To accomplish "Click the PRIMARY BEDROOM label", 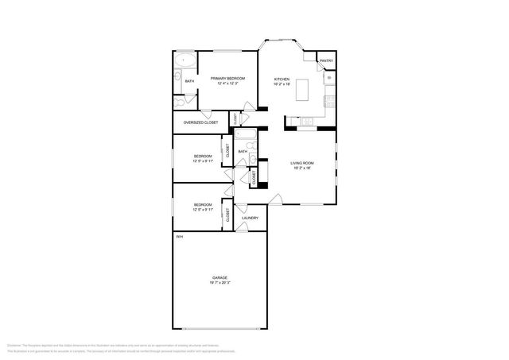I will pos(227,79).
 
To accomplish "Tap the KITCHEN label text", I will pos(282,79).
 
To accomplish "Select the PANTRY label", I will pos(326,61).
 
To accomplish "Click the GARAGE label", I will pos(219,277).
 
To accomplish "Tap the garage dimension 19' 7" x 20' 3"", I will pos(219,283).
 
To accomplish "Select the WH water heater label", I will pos(179,237).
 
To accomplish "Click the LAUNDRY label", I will pos(251,217).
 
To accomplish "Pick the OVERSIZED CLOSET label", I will pos(200,122).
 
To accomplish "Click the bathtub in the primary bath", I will pos(185,60).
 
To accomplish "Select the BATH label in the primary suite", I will pos(189,81).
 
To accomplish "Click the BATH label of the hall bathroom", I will pos(243,151).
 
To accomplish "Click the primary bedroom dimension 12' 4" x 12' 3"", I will pos(227,84).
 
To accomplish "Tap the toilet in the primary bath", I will pos(179,103).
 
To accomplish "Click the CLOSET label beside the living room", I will pos(254,179).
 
